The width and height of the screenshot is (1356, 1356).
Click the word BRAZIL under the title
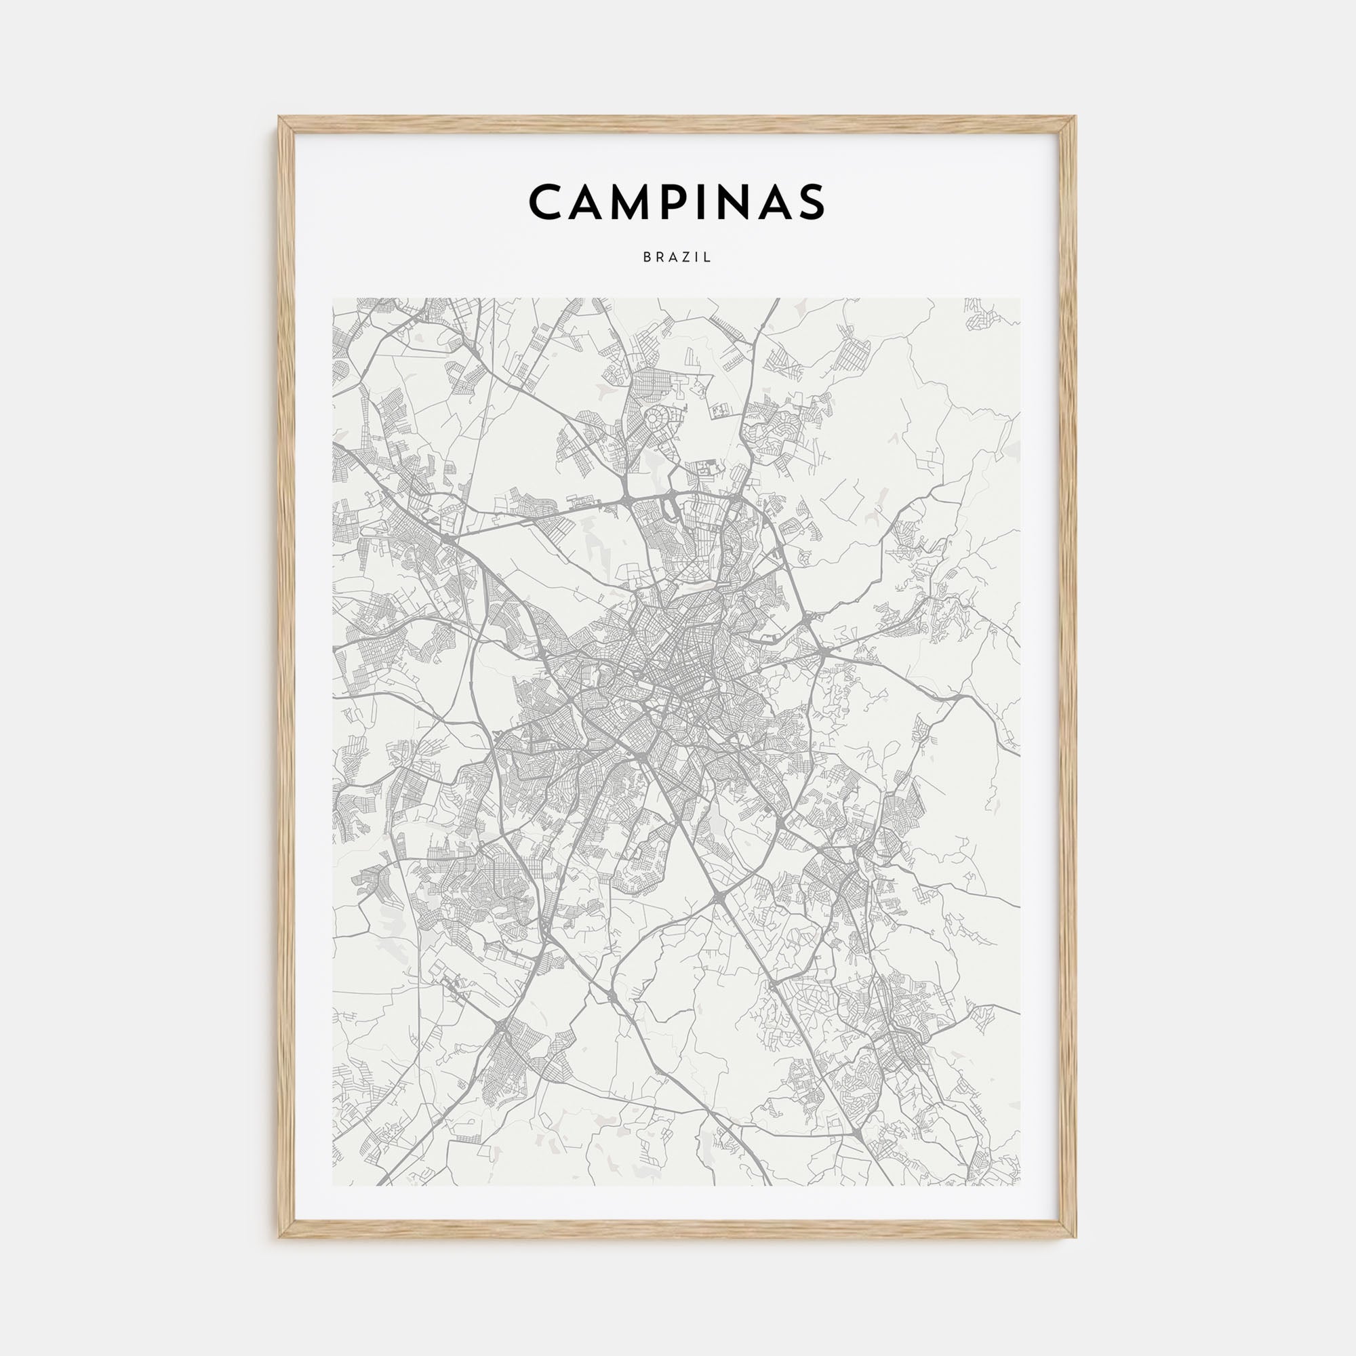[677, 258]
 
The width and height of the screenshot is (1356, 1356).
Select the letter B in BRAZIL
[646, 258]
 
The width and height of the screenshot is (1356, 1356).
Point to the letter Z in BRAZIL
[685, 258]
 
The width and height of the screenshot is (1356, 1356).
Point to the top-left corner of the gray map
[334, 299]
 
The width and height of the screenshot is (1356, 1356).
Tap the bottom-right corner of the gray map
[1020, 1185]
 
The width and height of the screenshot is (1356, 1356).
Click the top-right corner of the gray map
[1020, 299]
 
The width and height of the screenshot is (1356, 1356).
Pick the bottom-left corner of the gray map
[334, 1185]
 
